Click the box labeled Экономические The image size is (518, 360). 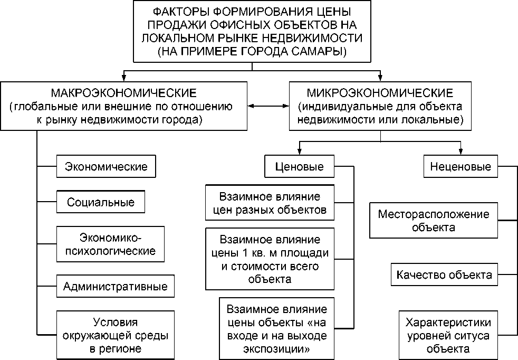[x=106, y=166]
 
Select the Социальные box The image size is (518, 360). [x=101, y=202]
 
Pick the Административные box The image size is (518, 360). [x=115, y=287]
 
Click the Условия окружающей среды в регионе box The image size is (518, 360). [x=115, y=335]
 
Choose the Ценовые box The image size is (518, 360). [x=299, y=167]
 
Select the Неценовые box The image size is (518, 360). [x=461, y=167]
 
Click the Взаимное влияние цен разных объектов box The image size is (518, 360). [x=270, y=203]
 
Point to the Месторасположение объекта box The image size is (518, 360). [x=433, y=221]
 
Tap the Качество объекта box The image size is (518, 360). [x=444, y=275]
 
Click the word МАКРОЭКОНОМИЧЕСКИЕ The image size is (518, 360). [x=123, y=93]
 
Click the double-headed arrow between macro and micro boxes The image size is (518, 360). [x=268, y=107]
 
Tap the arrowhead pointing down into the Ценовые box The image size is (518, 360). [x=299, y=153]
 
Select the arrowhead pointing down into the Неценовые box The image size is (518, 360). [x=461, y=153]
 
